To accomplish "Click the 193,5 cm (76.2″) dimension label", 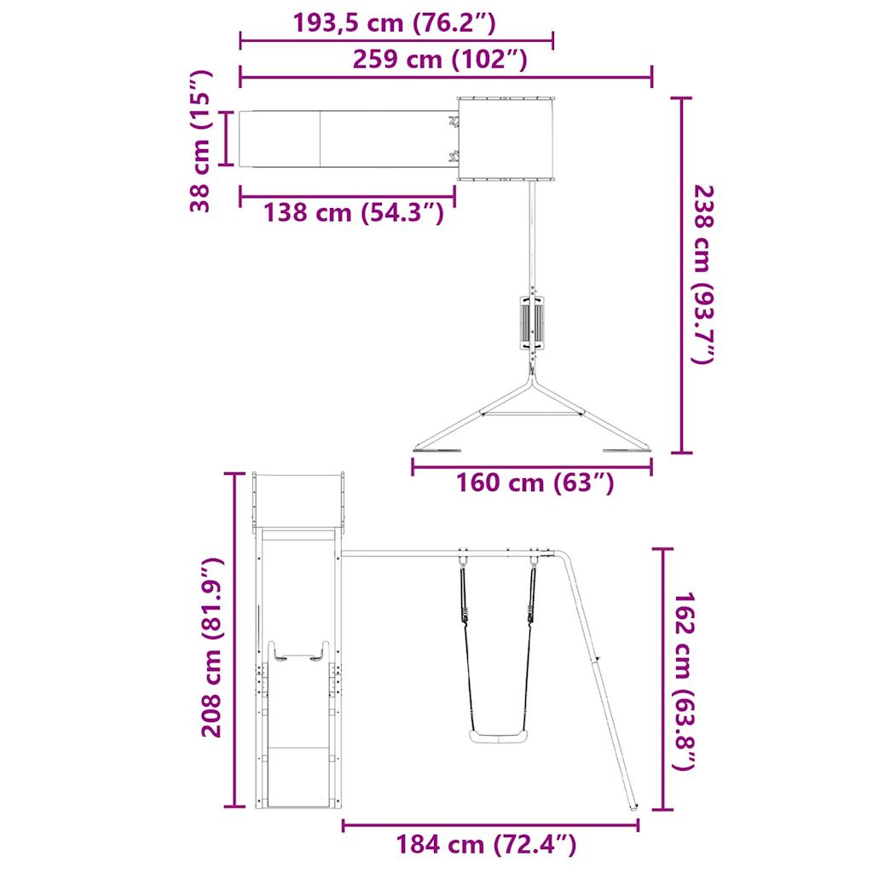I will [394, 23].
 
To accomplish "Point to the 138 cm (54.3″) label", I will [353, 211].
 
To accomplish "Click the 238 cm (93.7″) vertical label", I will [702, 275].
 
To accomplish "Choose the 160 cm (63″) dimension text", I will [535, 483].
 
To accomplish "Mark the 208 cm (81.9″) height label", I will [211, 648].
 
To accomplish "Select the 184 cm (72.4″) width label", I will [486, 845].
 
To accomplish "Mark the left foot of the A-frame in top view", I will [436, 449].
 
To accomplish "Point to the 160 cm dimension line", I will [532, 466].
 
